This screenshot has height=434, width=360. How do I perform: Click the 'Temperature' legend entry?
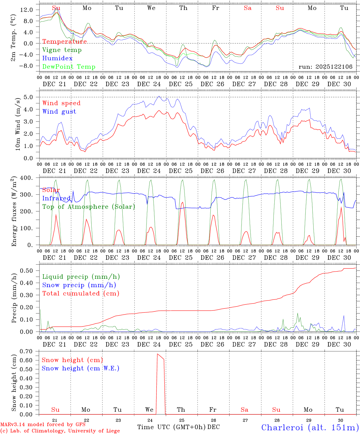coord(64,42)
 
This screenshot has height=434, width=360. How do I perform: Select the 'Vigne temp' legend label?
coord(62,50)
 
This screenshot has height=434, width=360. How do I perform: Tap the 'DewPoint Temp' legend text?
coord(69,67)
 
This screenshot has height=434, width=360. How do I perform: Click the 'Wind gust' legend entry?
coord(59,112)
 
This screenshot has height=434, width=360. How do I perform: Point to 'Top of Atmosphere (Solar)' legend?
coord(89,207)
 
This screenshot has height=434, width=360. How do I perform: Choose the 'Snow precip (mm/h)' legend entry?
coord(79,285)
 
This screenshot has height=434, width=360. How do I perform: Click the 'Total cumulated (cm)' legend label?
coord(81,294)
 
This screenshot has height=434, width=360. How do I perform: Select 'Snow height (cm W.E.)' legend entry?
coord(80,368)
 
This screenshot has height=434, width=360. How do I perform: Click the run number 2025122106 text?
coord(325,67)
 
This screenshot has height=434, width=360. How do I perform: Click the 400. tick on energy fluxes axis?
coord(26,178)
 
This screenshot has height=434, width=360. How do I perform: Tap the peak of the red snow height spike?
coord(157,354)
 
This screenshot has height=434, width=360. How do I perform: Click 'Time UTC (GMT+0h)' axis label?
coord(171,427)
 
